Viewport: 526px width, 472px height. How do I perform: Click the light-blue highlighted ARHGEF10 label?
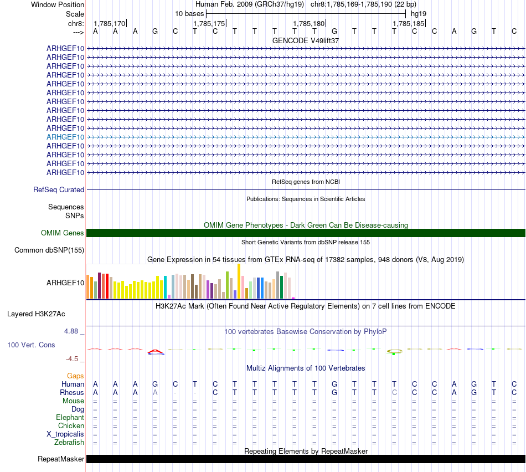pos(65,137)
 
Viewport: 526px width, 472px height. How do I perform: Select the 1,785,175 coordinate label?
pos(209,23)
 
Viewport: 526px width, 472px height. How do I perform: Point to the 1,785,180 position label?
pos(308,23)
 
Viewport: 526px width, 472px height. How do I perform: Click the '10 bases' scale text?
pos(189,13)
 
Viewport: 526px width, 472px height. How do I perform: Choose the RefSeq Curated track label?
pos(59,189)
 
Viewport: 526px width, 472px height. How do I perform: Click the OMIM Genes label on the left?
pos(63,233)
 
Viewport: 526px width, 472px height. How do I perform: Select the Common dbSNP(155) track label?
pos(49,250)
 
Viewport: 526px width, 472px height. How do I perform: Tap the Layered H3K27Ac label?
pos(36,314)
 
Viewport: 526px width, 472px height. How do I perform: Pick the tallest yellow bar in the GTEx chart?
pos(239,281)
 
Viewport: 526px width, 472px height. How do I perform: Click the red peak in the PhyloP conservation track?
pos(156,351)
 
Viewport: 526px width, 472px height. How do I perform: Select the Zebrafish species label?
pos(69,442)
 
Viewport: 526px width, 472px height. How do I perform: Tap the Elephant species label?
pos(70,417)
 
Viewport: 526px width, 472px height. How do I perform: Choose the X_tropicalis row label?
pos(65,434)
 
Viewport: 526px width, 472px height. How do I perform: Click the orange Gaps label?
pos(75,376)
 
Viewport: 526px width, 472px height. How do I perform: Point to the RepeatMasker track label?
pos(61,459)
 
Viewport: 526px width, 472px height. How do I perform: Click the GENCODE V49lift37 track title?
pos(306,40)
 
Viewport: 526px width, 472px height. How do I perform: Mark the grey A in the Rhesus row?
pos(155,392)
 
